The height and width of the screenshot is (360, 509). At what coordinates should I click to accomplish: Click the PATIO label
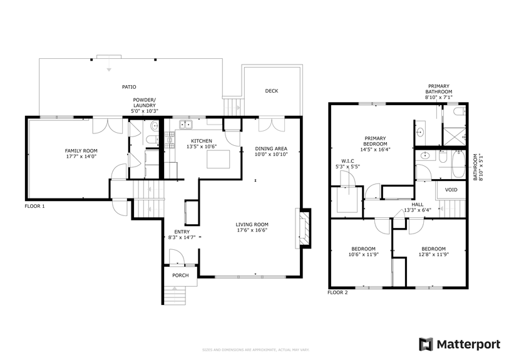(128, 87)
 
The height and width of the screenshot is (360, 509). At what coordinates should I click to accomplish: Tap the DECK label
(271, 91)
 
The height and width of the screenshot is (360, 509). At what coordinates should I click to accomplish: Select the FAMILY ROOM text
(81, 150)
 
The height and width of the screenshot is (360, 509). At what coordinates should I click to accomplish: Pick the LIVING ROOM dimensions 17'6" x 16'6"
(252, 230)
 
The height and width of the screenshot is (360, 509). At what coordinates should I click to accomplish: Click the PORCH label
(180, 275)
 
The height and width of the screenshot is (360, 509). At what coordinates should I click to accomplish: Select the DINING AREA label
(270, 148)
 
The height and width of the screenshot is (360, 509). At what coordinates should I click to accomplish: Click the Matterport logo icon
(426, 344)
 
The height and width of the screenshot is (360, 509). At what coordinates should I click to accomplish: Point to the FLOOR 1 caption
(34, 205)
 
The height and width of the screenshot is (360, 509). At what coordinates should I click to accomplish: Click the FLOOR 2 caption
(338, 292)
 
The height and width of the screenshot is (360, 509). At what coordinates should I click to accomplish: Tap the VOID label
(451, 190)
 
